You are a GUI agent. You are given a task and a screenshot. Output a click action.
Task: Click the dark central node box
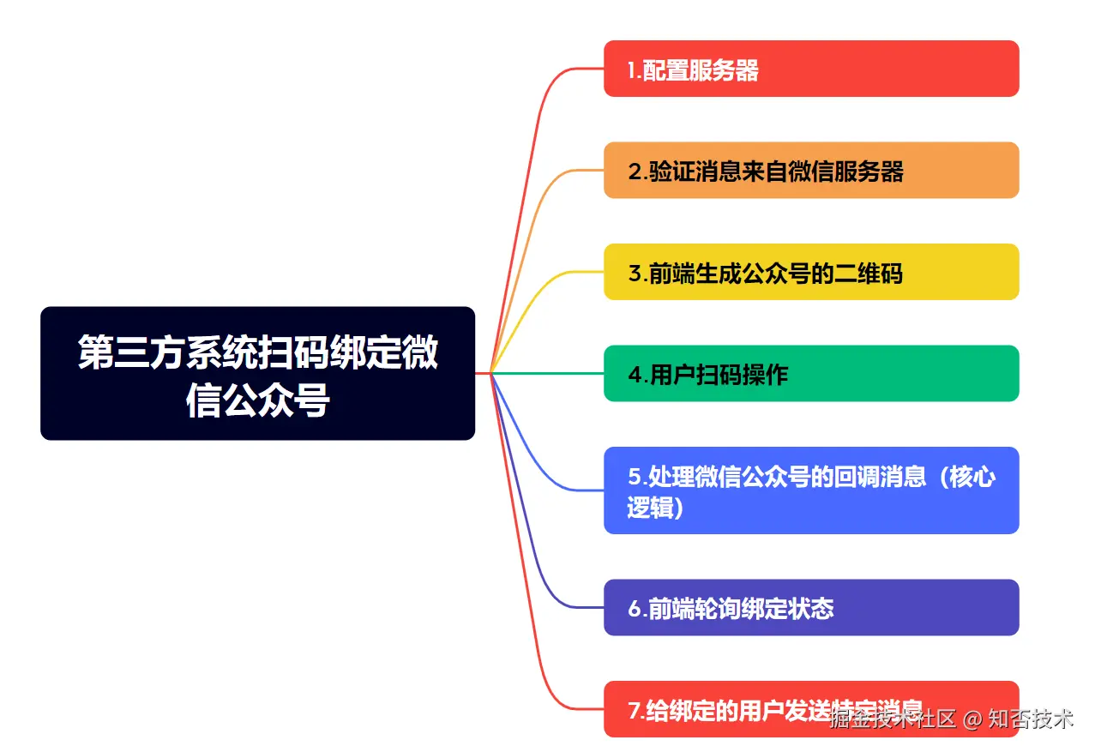(x=257, y=373)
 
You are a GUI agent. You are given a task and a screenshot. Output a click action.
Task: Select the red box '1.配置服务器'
(x=810, y=69)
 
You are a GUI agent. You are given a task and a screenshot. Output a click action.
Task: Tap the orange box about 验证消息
(x=810, y=171)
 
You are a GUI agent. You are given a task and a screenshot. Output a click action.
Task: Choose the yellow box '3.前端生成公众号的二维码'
(x=810, y=272)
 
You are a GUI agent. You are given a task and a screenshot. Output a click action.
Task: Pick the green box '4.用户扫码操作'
(x=810, y=374)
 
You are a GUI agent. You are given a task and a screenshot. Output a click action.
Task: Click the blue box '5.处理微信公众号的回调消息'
(x=810, y=490)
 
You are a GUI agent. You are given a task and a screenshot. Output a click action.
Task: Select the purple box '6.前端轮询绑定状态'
(x=810, y=608)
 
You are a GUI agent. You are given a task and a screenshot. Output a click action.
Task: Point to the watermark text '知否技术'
(x=1030, y=719)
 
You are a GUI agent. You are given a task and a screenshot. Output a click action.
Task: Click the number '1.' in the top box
(x=635, y=70)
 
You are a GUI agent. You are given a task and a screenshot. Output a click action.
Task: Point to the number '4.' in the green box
(x=638, y=376)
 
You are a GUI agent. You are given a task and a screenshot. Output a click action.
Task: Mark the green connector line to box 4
(x=549, y=373)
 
